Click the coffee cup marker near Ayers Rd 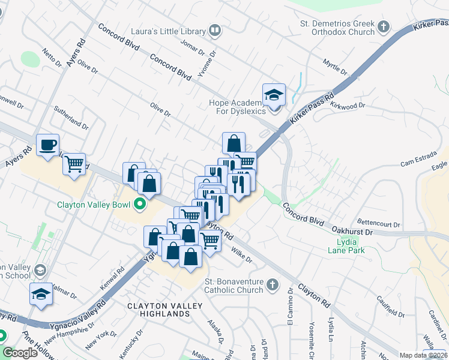pyautogui.click(x=47, y=145)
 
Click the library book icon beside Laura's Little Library pyautogui.click(x=215, y=30)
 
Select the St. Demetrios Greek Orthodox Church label pyautogui.click(x=337, y=28)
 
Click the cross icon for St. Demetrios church pyautogui.click(x=384, y=27)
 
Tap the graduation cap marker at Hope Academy pyautogui.click(x=274, y=95)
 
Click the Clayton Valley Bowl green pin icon pyautogui.click(x=140, y=204)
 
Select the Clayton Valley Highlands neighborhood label pyautogui.click(x=158, y=310)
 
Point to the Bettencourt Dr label pyautogui.click(x=378, y=222)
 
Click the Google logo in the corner pyautogui.click(x=20, y=353)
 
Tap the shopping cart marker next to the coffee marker pyautogui.click(x=74, y=163)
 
